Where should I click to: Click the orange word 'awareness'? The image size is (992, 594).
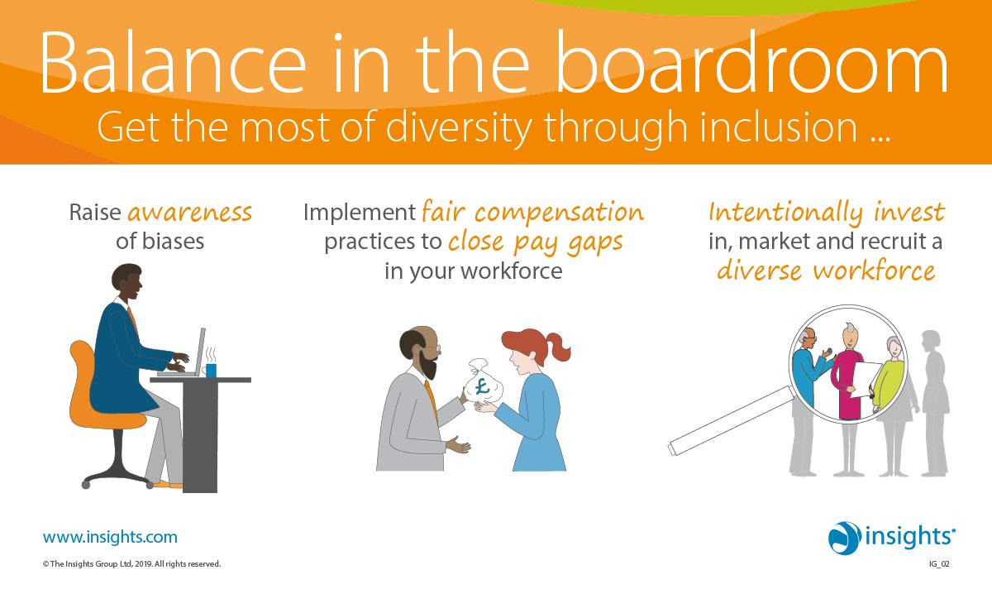tap(189, 213)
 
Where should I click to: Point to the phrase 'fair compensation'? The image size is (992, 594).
tap(532, 213)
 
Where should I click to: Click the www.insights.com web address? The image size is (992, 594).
tap(110, 537)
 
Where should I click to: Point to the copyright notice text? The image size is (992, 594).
tap(131, 564)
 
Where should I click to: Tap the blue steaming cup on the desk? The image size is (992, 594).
tap(211, 369)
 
